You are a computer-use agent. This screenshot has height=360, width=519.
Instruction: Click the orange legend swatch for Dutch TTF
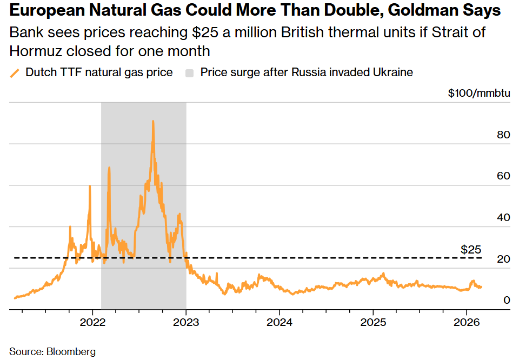15,72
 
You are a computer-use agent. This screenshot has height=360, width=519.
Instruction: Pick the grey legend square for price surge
190,72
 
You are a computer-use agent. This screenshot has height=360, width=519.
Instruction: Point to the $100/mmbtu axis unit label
478,93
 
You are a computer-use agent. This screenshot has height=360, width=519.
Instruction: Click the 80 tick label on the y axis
503,135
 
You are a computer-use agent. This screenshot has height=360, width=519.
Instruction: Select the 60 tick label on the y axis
503,176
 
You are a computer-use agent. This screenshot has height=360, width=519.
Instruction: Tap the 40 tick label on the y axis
503,217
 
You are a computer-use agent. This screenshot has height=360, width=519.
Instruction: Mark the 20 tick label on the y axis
503,259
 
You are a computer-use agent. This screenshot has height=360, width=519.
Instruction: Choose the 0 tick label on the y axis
507,300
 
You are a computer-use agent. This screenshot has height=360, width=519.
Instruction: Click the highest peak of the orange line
153,122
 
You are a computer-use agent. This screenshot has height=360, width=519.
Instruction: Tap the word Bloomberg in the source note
72,351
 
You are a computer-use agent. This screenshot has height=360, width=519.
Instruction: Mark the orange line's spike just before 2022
90,187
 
